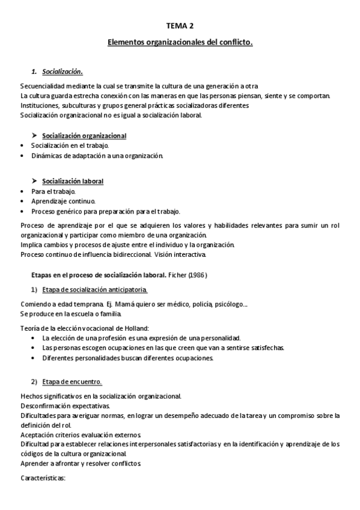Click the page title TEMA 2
click(180, 25)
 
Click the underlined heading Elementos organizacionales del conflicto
click(180, 43)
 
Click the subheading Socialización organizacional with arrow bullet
click(84, 136)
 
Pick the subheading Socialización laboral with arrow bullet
click(72, 181)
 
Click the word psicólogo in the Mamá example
click(228, 304)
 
